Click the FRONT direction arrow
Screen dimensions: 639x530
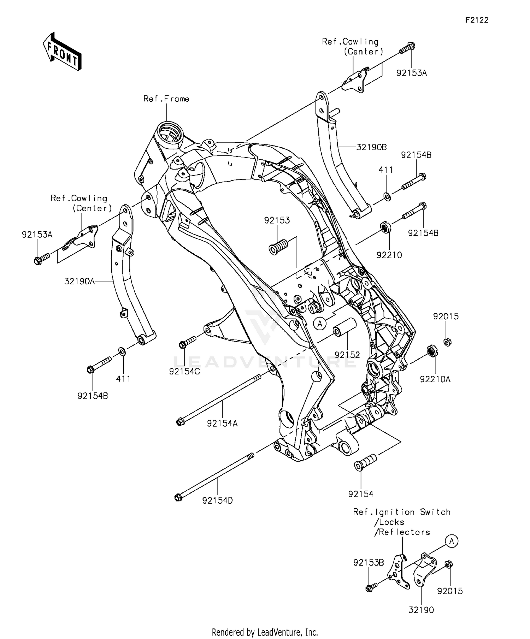tap(62, 52)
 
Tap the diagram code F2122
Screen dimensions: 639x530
tap(477, 20)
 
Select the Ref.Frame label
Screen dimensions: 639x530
tap(166, 99)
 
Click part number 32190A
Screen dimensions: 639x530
tap(79, 282)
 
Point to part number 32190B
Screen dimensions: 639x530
tap(371, 147)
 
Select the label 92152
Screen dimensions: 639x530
tap(347, 355)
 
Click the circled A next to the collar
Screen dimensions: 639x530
tap(320, 323)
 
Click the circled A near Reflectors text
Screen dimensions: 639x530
tap(451, 541)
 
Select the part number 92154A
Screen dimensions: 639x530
tap(222, 423)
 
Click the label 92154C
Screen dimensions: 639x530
tap(184, 372)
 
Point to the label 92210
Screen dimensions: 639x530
tap(389, 255)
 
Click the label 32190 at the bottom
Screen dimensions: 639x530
tap(421, 610)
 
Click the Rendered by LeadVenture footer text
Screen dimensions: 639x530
tap(265, 632)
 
